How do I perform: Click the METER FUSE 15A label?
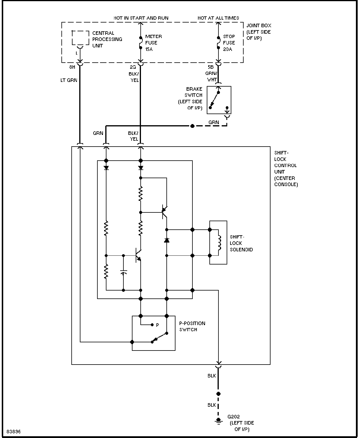tap(154, 43)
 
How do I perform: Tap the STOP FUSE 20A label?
tap(229, 43)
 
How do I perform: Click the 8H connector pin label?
tap(72, 67)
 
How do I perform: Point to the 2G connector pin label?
tap(133, 67)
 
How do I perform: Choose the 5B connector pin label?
tap(211, 67)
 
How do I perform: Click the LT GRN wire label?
tap(69, 80)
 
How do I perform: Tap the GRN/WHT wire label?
tap(211, 76)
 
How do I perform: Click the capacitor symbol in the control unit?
tap(123, 272)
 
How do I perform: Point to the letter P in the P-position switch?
tap(157, 325)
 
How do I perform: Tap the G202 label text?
tap(234, 417)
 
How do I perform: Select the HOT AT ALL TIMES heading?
tap(218, 18)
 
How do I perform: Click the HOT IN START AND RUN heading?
tap(141, 18)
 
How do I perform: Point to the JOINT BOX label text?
tap(259, 25)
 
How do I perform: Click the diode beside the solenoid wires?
tap(167, 240)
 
